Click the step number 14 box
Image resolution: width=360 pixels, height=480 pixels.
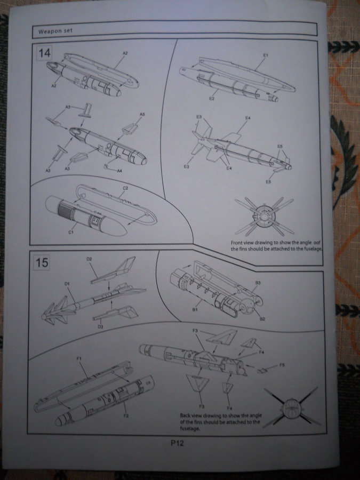[x=42, y=54]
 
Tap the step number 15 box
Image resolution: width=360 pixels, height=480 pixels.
[x=42, y=263]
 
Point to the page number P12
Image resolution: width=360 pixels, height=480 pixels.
[x=178, y=442]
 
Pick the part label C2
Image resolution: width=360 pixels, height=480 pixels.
[x=126, y=188]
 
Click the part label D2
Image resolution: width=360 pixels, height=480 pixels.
[x=89, y=259]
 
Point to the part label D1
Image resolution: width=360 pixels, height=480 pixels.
[x=68, y=284]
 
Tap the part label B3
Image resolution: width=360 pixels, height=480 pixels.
[x=258, y=282]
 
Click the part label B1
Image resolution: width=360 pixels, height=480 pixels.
[x=195, y=308]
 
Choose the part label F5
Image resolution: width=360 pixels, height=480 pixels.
[x=282, y=365]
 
